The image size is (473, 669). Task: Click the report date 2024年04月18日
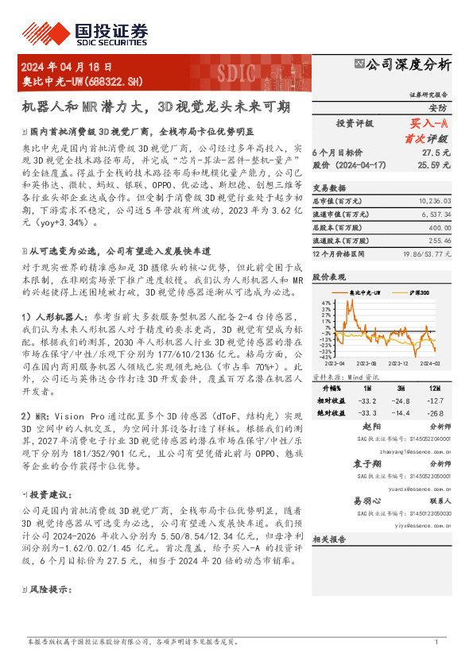click(x=67, y=68)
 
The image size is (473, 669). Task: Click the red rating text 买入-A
click(x=429, y=123)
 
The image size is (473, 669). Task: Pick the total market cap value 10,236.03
click(x=434, y=202)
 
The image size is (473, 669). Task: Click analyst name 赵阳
click(x=362, y=426)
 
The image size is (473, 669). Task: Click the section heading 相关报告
click(x=329, y=539)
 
